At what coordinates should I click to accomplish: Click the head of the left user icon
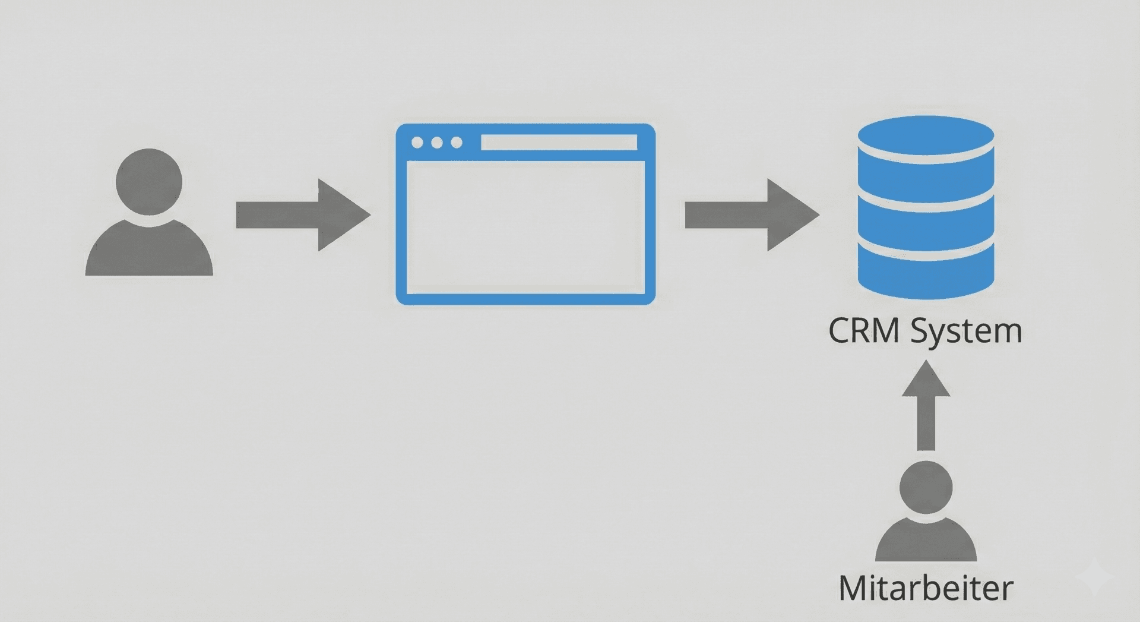click(149, 181)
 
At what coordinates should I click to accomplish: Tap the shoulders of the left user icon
click(149, 252)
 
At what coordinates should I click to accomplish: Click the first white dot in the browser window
click(417, 143)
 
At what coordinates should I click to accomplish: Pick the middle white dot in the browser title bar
click(437, 143)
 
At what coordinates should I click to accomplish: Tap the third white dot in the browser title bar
click(457, 143)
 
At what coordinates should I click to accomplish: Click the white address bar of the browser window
click(559, 143)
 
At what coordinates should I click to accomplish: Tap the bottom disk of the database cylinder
click(926, 270)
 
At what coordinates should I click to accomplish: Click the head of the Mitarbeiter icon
click(926, 487)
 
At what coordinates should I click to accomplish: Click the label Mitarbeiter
click(926, 588)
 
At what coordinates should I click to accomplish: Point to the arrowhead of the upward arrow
click(926, 380)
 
